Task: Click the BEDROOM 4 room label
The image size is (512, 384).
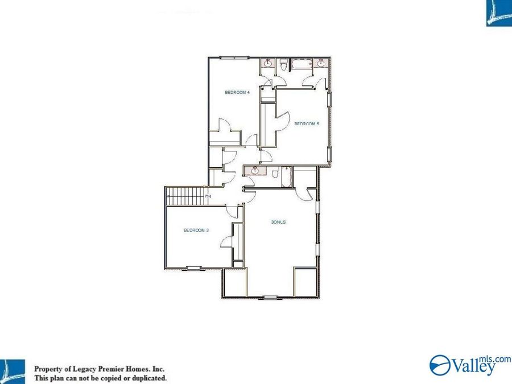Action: (237, 92)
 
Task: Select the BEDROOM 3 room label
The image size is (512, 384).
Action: (196, 230)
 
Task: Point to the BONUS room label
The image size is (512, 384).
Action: (278, 222)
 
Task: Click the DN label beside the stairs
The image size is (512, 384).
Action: (208, 196)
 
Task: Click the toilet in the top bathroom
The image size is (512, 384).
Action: (283, 64)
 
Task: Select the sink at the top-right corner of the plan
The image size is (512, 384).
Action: (321, 64)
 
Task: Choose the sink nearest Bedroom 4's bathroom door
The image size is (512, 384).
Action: (268, 64)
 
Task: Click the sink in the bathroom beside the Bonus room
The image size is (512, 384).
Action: (254, 171)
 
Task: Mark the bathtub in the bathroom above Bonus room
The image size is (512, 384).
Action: (286, 176)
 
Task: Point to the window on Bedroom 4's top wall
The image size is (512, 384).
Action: (234, 57)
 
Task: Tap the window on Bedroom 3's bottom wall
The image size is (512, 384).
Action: (194, 267)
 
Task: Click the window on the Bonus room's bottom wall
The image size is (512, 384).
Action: (269, 298)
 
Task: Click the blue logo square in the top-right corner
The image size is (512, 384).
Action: (499, 13)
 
